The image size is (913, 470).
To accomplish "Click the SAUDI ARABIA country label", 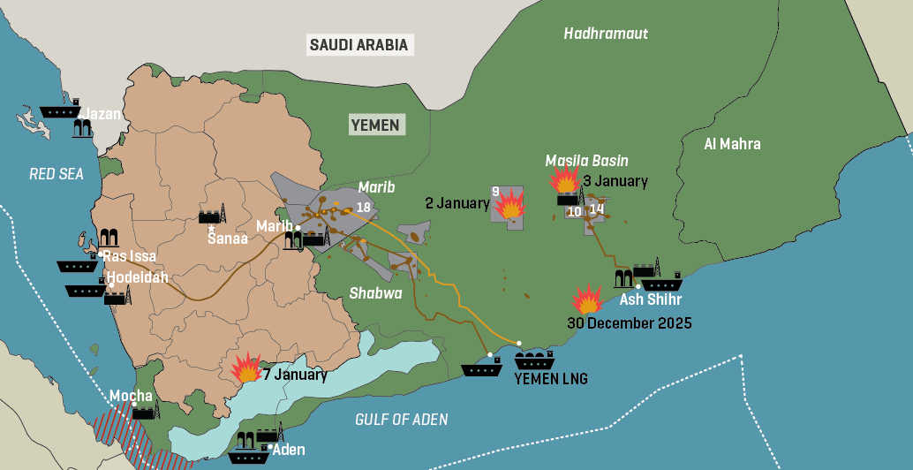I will tap(358, 45).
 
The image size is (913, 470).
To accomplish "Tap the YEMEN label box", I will tap(375, 125).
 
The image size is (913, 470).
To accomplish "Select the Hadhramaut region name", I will tap(606, 34).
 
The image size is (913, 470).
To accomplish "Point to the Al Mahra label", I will tap(732, 144).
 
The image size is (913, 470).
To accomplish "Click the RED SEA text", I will tap(57, 174).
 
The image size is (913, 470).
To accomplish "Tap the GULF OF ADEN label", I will tap(401, 420).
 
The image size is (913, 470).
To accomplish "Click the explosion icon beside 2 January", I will tap(509, 206).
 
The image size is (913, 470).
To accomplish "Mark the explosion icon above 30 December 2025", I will tap(587, 299).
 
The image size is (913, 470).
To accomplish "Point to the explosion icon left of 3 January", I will tap(564, 179).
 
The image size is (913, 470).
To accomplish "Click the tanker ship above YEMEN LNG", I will tap(534, 360).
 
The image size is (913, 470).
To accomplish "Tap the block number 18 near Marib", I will tap(363, 208).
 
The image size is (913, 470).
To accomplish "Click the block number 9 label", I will tap(496, 192).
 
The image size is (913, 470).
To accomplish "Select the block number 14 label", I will tap(597, 209).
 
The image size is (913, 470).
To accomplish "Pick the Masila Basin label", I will tap(586, 161).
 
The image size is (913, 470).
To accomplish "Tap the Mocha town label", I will tap(131, 396).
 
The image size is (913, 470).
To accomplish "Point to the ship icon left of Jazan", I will tap(60, 112).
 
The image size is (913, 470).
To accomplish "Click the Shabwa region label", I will tap(375, 293).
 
